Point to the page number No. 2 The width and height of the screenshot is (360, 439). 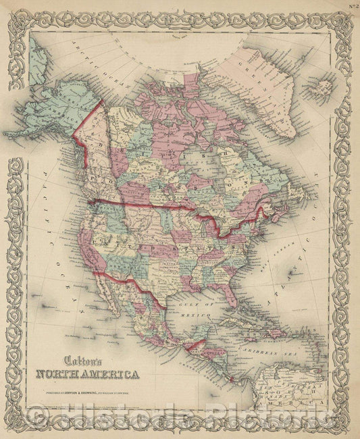tap(353, 7)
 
